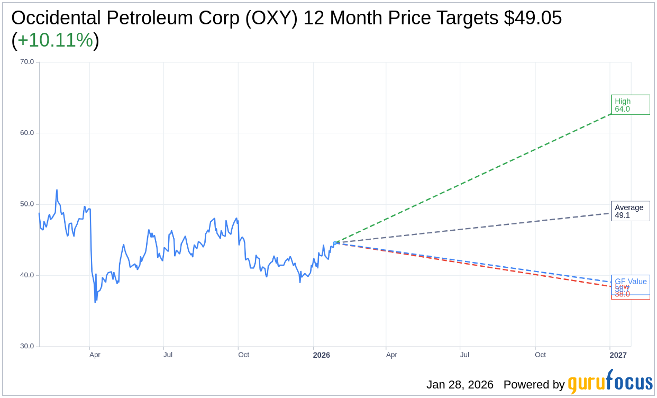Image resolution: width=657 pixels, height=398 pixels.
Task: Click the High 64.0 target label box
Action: pos(630,105)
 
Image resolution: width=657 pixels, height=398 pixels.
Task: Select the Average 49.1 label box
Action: pos(630,211)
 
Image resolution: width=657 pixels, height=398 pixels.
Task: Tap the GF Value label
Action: pos(631,281)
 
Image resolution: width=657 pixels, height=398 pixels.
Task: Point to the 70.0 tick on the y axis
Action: pos(27,61)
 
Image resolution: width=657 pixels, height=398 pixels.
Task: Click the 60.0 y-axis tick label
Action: pos(27,132)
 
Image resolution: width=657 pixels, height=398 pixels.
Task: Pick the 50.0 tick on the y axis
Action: pos(27,204)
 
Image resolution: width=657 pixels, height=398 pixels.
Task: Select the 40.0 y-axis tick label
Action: pos(27,275)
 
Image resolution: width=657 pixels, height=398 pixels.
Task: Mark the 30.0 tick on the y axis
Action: pos(27,346)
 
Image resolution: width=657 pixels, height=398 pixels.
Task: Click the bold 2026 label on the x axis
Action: pos(321,355)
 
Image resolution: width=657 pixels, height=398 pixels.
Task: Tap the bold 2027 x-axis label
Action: pos(618,355)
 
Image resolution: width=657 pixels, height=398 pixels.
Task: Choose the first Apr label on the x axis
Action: pos(95,355)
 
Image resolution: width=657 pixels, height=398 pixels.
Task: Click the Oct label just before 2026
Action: pos(243,355)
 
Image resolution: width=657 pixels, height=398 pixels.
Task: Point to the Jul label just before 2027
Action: pos(464,355)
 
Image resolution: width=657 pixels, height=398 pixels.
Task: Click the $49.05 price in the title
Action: pos(533,18)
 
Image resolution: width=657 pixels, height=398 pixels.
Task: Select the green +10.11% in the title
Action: pos(55,40)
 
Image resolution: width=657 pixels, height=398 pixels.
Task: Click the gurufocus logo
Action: pos(610,382)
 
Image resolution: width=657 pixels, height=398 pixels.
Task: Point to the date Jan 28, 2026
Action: pos(460,385)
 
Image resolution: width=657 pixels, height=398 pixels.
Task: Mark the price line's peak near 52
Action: pos(57,190)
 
